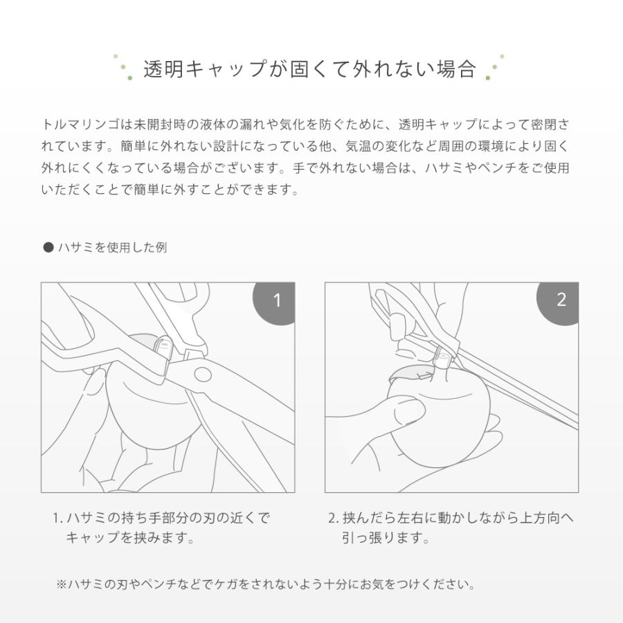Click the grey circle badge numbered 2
[x=561, y=300]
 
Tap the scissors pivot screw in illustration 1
[x=201, y=374]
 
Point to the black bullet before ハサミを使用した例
[x=48, y=247]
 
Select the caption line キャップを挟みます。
[x=129, y=538]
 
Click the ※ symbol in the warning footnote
[x=61, y=584]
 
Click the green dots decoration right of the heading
[x=495, y=68]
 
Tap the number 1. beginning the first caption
[x=57, y=518]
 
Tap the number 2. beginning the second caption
[x=333, y=518]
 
